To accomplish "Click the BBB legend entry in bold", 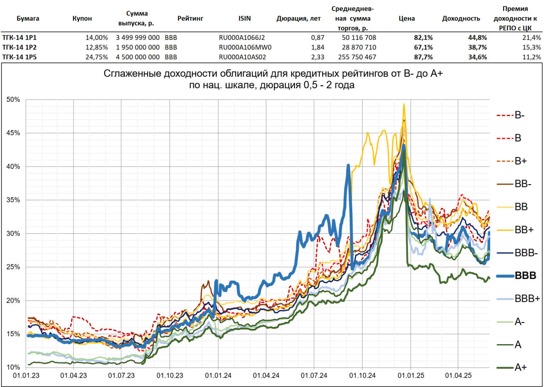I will pos(525,275).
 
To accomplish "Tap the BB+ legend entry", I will pos(521,230).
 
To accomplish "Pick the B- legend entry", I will pos(519,115).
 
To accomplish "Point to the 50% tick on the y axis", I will pos(14,99).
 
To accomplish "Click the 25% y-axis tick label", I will pos(14,267).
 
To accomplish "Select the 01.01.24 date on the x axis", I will pos(218,376).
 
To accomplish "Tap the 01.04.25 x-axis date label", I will pos(458,376).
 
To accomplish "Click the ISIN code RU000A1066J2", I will pos(242,37).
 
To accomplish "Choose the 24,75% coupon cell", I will pos(97,57).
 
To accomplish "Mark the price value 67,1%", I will pos(423,47).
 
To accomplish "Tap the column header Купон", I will pos(82,18).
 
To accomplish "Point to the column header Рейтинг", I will pos(190,18).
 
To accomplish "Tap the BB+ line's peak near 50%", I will pos(404,104).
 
